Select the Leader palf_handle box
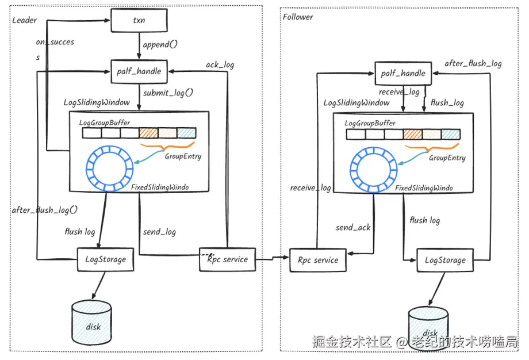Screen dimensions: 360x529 (139, 71)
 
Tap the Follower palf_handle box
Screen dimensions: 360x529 (403, 73)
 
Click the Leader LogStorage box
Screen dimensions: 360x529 (106, 259)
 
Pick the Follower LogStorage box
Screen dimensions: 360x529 (445, 261)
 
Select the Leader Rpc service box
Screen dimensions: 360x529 (228, 259)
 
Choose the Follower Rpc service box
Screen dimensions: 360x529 (318, 261)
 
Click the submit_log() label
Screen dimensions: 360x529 (168, 93)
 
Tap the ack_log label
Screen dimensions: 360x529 (220, 64)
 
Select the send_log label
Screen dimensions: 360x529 (159, 232)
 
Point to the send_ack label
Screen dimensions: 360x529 (353, 228)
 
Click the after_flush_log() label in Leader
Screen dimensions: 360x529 (44, 210)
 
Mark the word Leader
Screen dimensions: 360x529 (24, 20)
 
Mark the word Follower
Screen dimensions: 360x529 (298, 17)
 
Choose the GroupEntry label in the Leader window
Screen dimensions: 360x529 (183, 156)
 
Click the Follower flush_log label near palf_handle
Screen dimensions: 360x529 (447, 103)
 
